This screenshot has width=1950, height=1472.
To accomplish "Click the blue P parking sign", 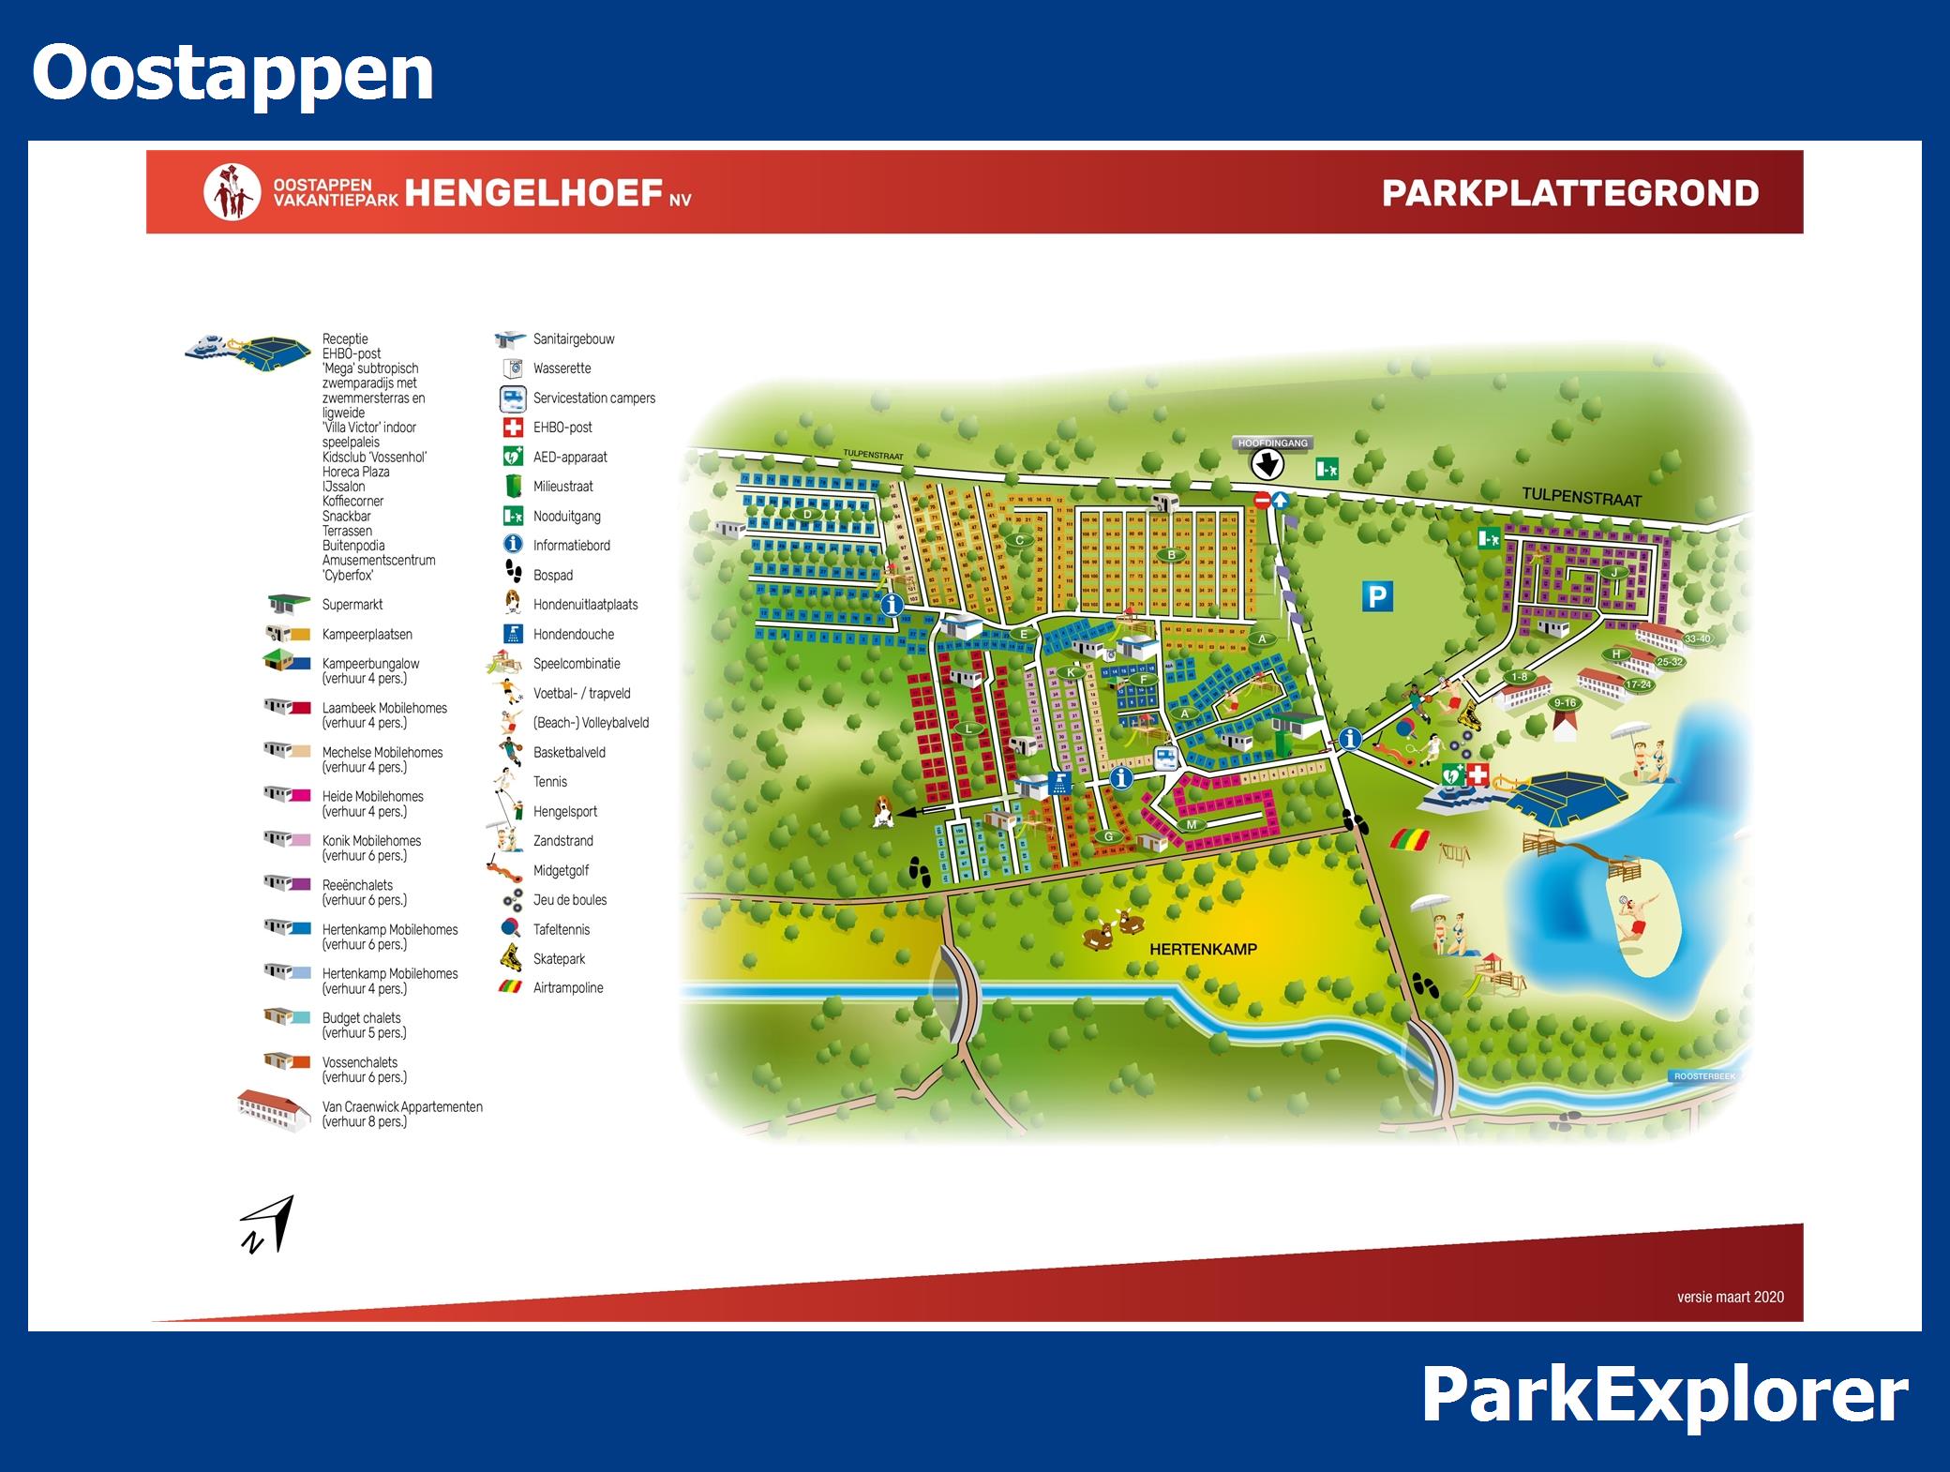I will [x=1377, y=596].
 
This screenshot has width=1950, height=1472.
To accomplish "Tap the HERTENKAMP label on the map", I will [x=1203, y=949].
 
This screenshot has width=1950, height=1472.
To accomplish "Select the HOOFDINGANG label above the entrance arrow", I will [x=1272, y=443].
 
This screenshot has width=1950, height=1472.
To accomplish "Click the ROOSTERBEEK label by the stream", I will [x=1704, y=1076].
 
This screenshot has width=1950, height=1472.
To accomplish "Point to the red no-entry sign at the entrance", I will [x=1261, y=501].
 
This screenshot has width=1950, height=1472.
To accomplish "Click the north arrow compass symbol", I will [x=268, y=1224].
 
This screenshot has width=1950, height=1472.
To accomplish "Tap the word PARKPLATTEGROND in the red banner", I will [x=1570, y=193].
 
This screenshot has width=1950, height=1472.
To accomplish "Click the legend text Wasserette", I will [x=562, y=368].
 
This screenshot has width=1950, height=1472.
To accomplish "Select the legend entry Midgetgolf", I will [x=561, y=871].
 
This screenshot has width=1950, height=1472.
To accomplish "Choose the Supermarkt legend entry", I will [x=352, y=605].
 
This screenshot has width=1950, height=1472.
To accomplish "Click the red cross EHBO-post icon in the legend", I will [x=513, y=428].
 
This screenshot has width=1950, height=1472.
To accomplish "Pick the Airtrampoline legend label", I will [x=568, y=988].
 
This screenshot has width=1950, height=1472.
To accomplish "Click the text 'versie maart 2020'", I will [x=1730, y=1297].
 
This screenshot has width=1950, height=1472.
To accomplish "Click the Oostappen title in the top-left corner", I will [x=232, y=73].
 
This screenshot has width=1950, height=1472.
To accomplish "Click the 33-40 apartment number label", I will [x=1697, y=639].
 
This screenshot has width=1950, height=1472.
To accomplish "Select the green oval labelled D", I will [x=806, y=515].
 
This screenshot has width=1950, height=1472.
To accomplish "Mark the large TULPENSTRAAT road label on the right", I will [x=1581, y=497].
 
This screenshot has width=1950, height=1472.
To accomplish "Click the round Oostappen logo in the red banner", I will [x=231, y=192].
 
